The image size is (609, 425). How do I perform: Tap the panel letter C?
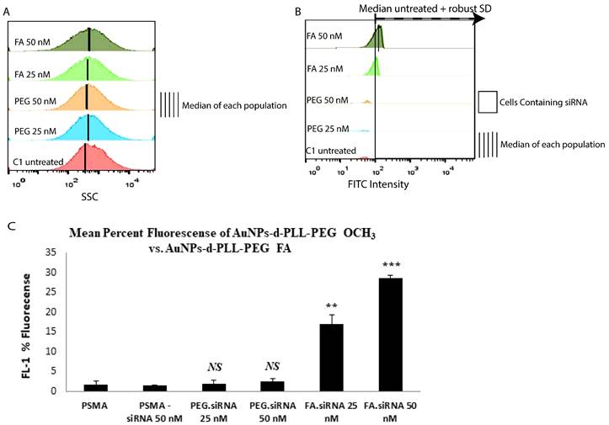coord(11,226)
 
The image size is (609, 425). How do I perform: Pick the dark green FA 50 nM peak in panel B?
coord(379,39)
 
